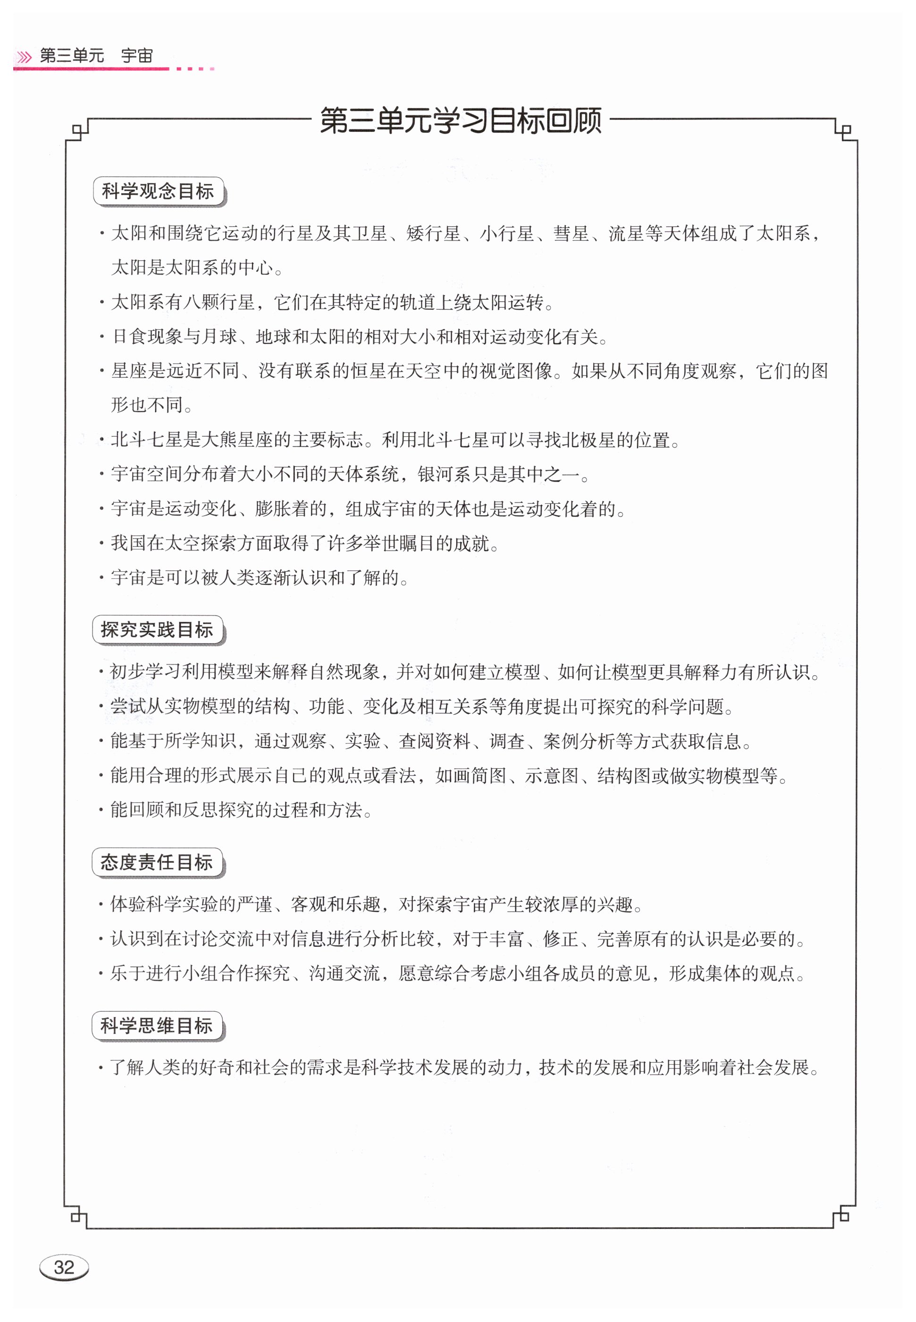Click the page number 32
64,1267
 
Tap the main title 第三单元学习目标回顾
460,120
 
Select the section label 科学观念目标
158,191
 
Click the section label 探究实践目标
157,630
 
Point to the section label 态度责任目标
157,862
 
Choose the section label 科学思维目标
157,1025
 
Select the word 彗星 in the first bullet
571,234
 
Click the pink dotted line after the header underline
195,69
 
